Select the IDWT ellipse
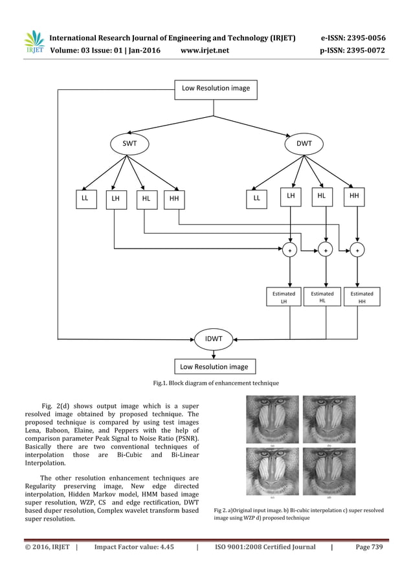[x=214, y=339]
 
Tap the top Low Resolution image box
[x=216, y=88]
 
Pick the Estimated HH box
[x=361, y=297]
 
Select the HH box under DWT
[x=354, y=195]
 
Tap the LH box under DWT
[x=291, y=195]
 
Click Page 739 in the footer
[x=370, y=547]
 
